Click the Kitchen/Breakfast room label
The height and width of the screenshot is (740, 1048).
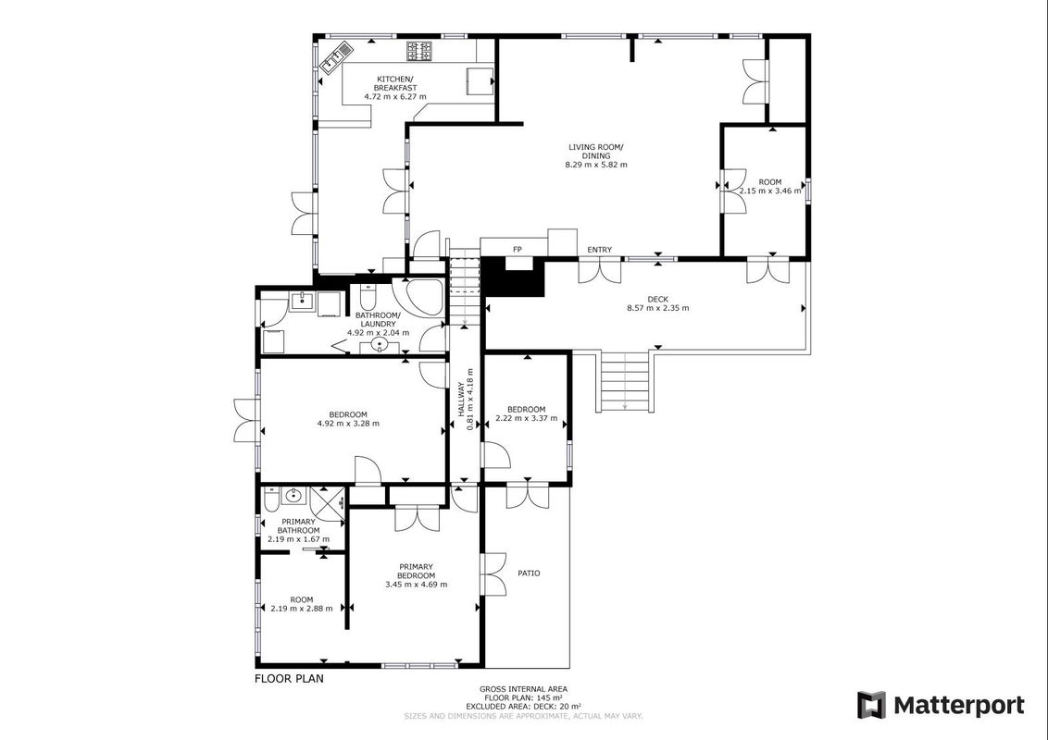pyautogui.click(x=395, y=83)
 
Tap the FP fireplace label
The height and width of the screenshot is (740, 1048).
pyautogui.click(x=518, y=250)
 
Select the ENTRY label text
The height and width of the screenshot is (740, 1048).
pyautogui.click(x=600, y=250)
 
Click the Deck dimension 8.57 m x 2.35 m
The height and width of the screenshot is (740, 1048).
pyautogui.click(x=657, y=308)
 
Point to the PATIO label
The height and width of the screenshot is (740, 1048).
pyautogui.click(x=529, y=573)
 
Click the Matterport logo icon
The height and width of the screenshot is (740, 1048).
pyautogui.click(x=871, y=705)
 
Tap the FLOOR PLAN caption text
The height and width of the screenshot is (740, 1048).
pyautogui.click(x=289, y=679)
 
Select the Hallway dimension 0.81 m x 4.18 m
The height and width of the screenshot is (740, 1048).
pyautogui.click(x=470, y=400)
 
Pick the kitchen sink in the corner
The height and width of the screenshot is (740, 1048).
pyautogui.click(x=337, y=56)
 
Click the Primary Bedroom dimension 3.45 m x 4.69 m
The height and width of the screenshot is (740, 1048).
pyautogui.click(x=417, y=585)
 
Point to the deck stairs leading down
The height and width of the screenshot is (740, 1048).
pyautogui.click(x=625, y=381)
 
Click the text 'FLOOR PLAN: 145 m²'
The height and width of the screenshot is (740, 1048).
pyautogui.click(x=523, y=698)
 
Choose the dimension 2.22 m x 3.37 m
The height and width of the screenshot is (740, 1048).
pyautogui.click(x=526, y=419)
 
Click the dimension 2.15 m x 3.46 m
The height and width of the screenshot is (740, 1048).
pyautogui.click(x=770, y=191)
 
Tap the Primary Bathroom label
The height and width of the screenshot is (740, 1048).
pyautogui.click(x=298, y=526)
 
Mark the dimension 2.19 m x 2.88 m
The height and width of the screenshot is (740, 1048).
pyautogui.click(x=302, y=609)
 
